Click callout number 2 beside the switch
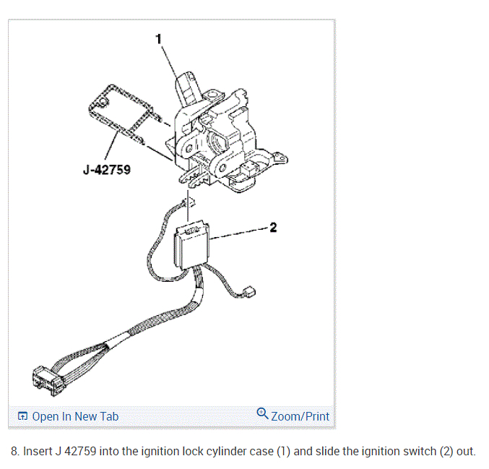(x=272, y=228)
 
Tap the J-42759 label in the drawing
(x=107, y=172)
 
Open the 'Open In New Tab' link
(x=75, y=416)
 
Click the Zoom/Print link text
(x=300, y=416)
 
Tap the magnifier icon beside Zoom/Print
(x=262, y=414)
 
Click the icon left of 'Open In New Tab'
(x=22, y=416)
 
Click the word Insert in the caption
(x=37, y=452)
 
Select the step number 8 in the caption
(x=14, y=452)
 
